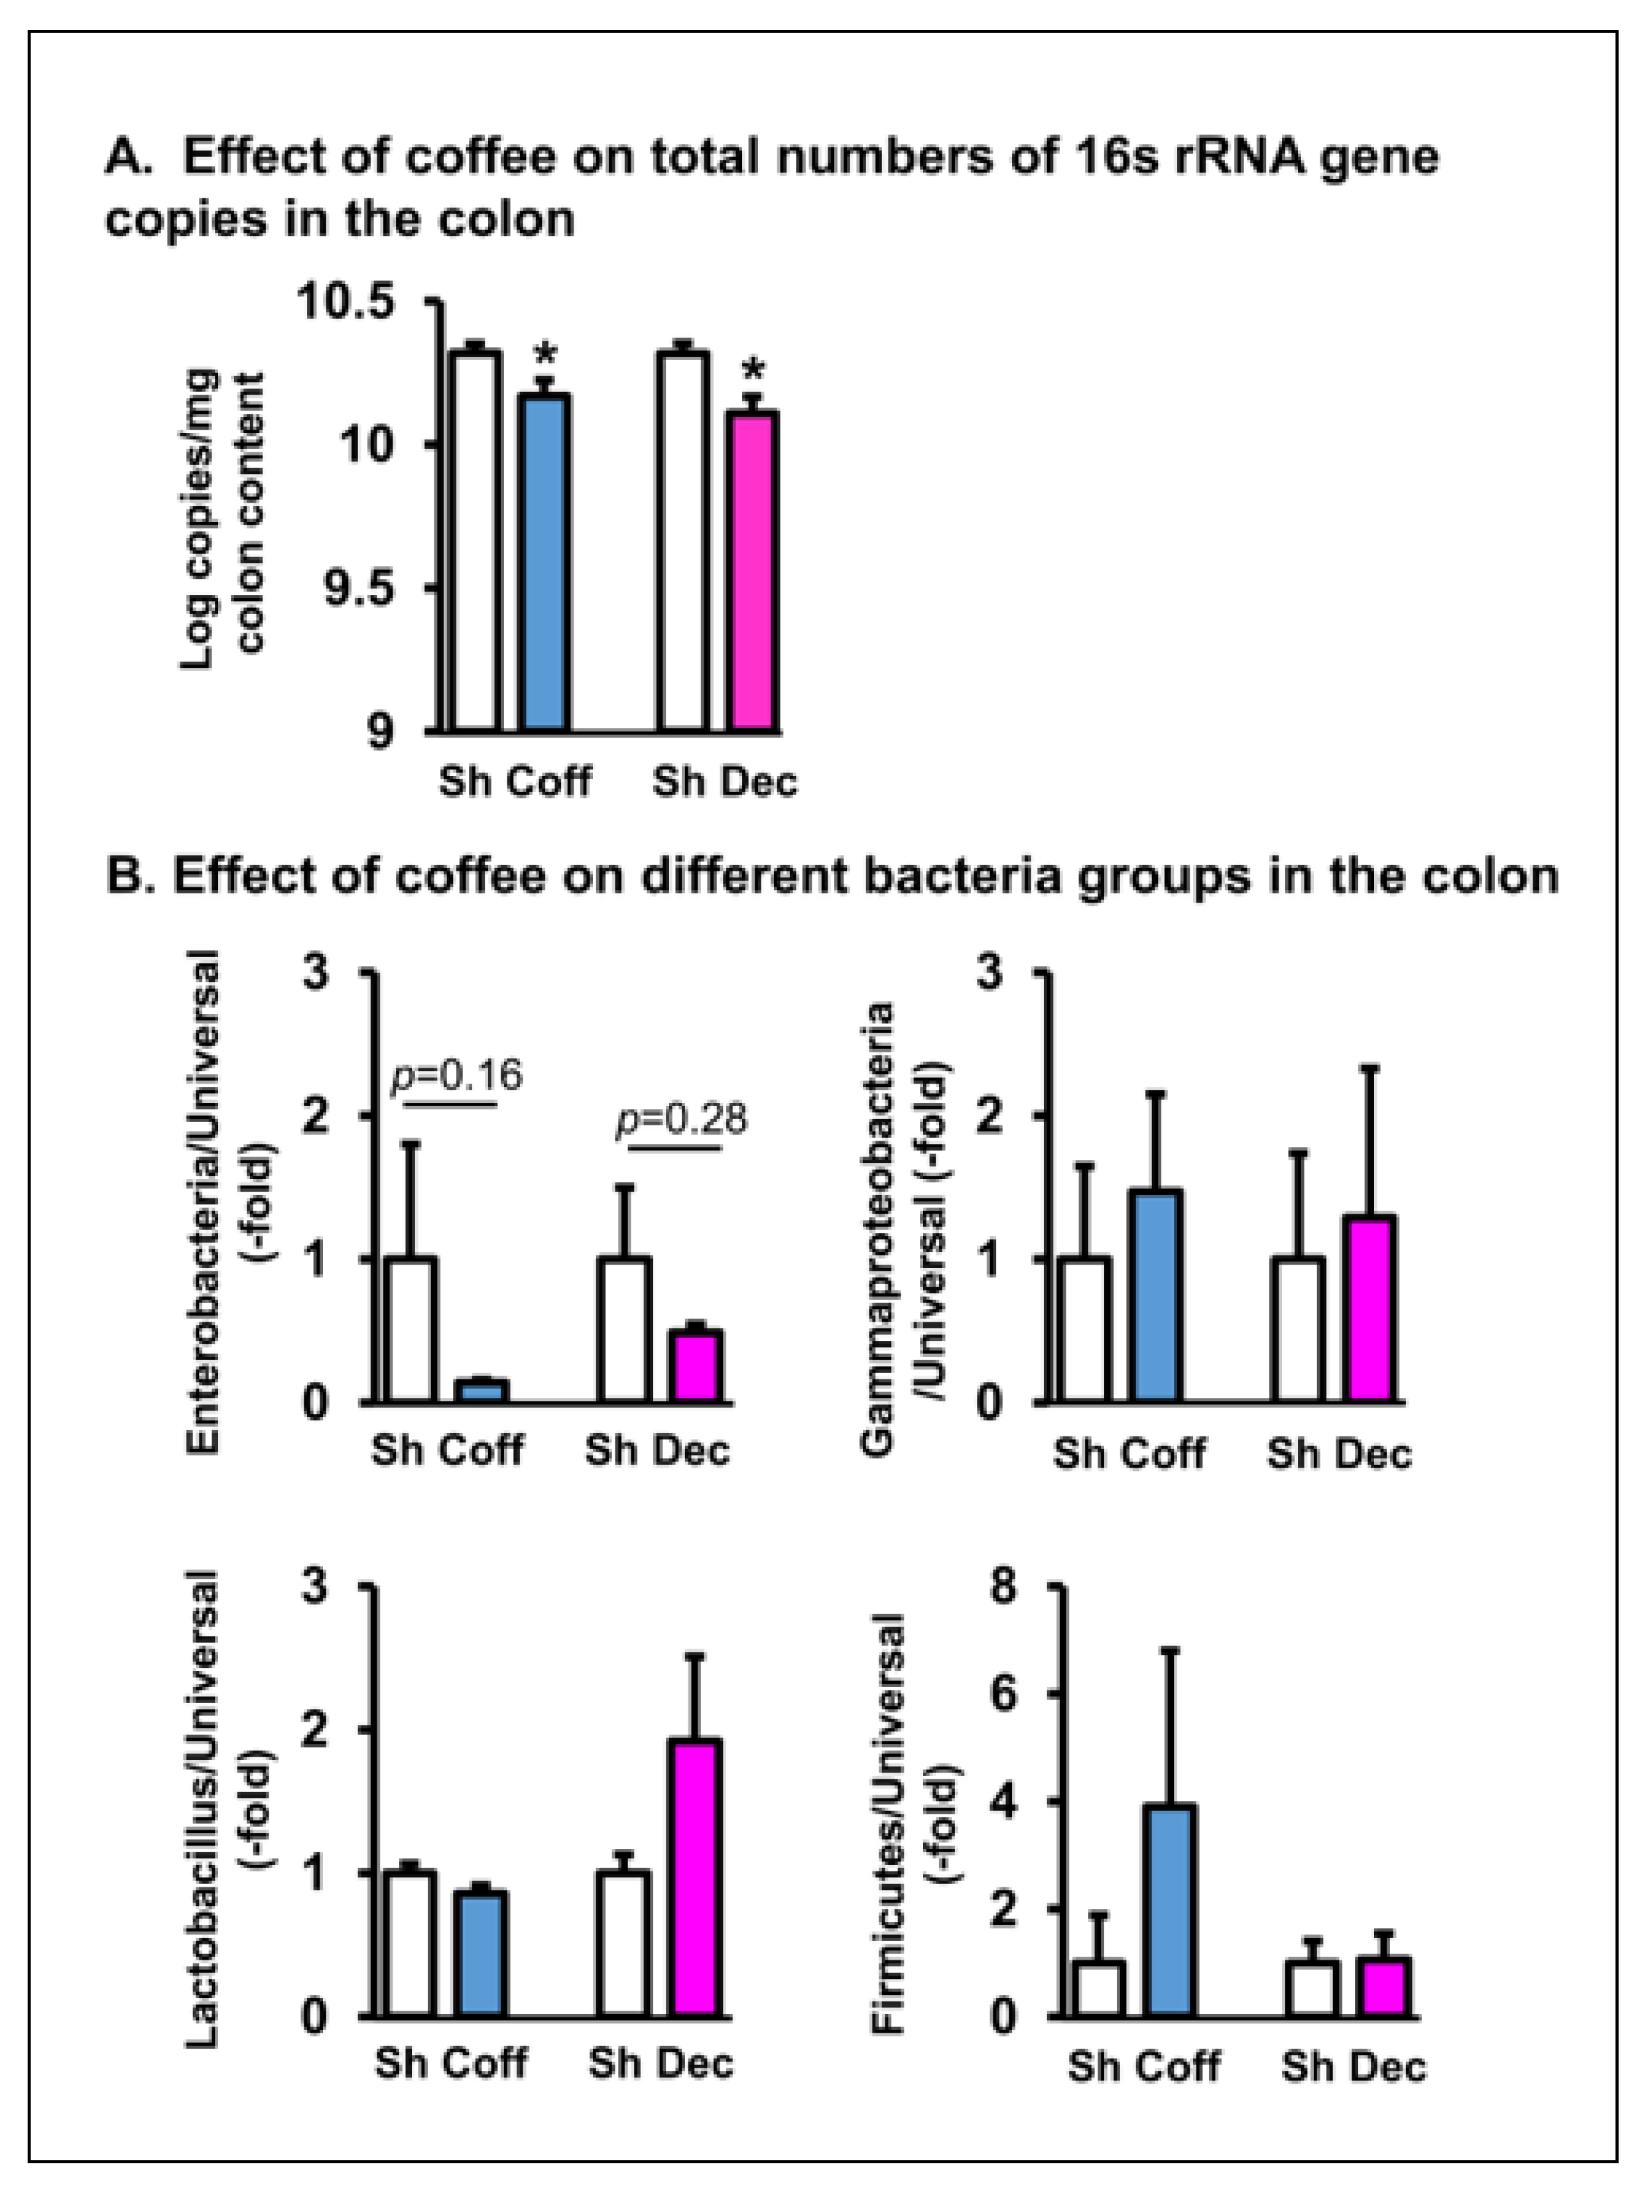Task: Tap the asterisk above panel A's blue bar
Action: [545, 353]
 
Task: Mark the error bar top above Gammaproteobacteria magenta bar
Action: [1369, 1068]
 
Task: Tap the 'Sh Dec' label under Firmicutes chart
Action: [1354, 2066]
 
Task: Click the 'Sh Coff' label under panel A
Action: [515, 781]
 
